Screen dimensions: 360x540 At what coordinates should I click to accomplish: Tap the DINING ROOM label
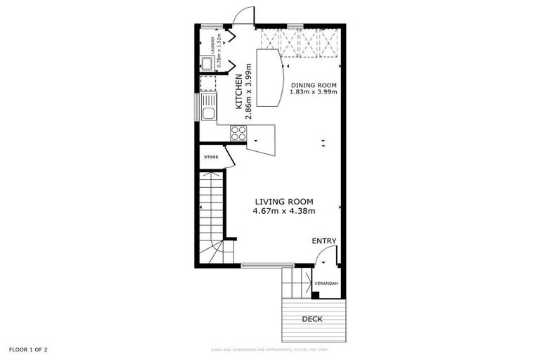[x=314, y=85]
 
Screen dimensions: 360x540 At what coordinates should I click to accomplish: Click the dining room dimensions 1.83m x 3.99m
[x=314, y=92]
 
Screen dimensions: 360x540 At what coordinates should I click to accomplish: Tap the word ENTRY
[x=324, y=241]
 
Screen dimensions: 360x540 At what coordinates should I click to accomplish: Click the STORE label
[x=211, y=157]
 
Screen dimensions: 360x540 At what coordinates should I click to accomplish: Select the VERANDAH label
[x=327, y=283]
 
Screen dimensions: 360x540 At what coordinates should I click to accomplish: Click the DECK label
[x=312, y=319]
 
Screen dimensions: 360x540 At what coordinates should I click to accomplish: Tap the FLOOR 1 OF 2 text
[x=28, y=349]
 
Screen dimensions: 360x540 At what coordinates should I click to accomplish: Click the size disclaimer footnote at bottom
[x=269, y=349]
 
